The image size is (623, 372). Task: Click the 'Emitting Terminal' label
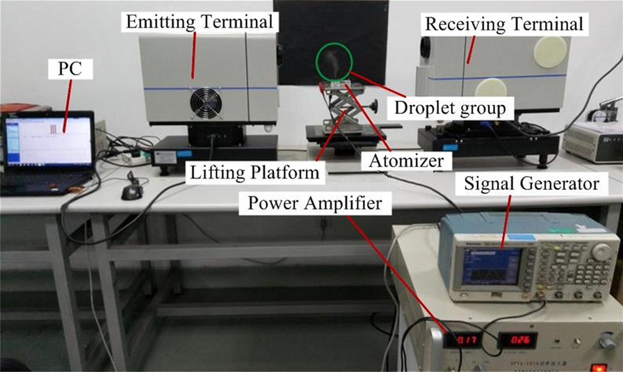[x=200, y=23]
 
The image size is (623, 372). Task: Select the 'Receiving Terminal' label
[x=503, y=25]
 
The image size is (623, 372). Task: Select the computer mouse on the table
[x=131, y=191]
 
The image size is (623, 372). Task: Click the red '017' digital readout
[x=462, y=341]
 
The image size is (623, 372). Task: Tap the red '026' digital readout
[x=517, y=341]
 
